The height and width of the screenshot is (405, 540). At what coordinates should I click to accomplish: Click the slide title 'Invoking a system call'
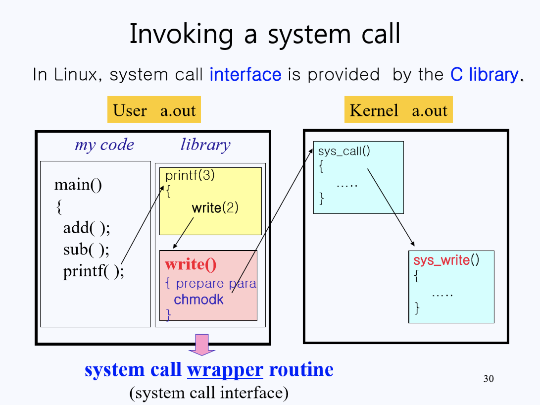tap(264, 35)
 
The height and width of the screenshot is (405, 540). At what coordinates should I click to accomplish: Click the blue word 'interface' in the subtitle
tap(245, 75)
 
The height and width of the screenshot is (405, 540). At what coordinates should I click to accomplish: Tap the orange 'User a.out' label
tap(154, 110)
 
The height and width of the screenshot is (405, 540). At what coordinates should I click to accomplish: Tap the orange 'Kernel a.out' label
tap(398, 110)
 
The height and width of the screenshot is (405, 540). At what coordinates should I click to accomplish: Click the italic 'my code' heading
tap(104, 145)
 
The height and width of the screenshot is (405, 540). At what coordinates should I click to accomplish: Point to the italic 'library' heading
tap(205, 145)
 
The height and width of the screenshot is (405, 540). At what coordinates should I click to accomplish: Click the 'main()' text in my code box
tap(78, 185)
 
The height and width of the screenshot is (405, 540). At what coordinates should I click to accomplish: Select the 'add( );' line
tap(86, 228)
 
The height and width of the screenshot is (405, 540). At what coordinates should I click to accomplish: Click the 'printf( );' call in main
tap(93, 272)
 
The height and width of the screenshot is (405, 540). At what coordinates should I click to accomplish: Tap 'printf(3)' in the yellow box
tap(190, 175)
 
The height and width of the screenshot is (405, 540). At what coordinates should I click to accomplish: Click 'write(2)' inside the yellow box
tap(215, 207)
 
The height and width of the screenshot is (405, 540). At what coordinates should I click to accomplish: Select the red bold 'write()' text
tap(191, 264)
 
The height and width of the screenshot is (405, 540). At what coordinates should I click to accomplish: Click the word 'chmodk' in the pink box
tap(198, 299)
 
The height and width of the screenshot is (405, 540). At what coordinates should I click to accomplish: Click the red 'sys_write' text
tap(442, 260)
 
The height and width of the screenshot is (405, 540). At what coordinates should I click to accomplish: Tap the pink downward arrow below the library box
tap(202, 345)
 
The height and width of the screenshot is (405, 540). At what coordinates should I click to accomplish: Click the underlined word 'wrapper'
tap(225, 370)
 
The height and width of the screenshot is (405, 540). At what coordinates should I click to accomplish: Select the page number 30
tap(488, 379)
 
